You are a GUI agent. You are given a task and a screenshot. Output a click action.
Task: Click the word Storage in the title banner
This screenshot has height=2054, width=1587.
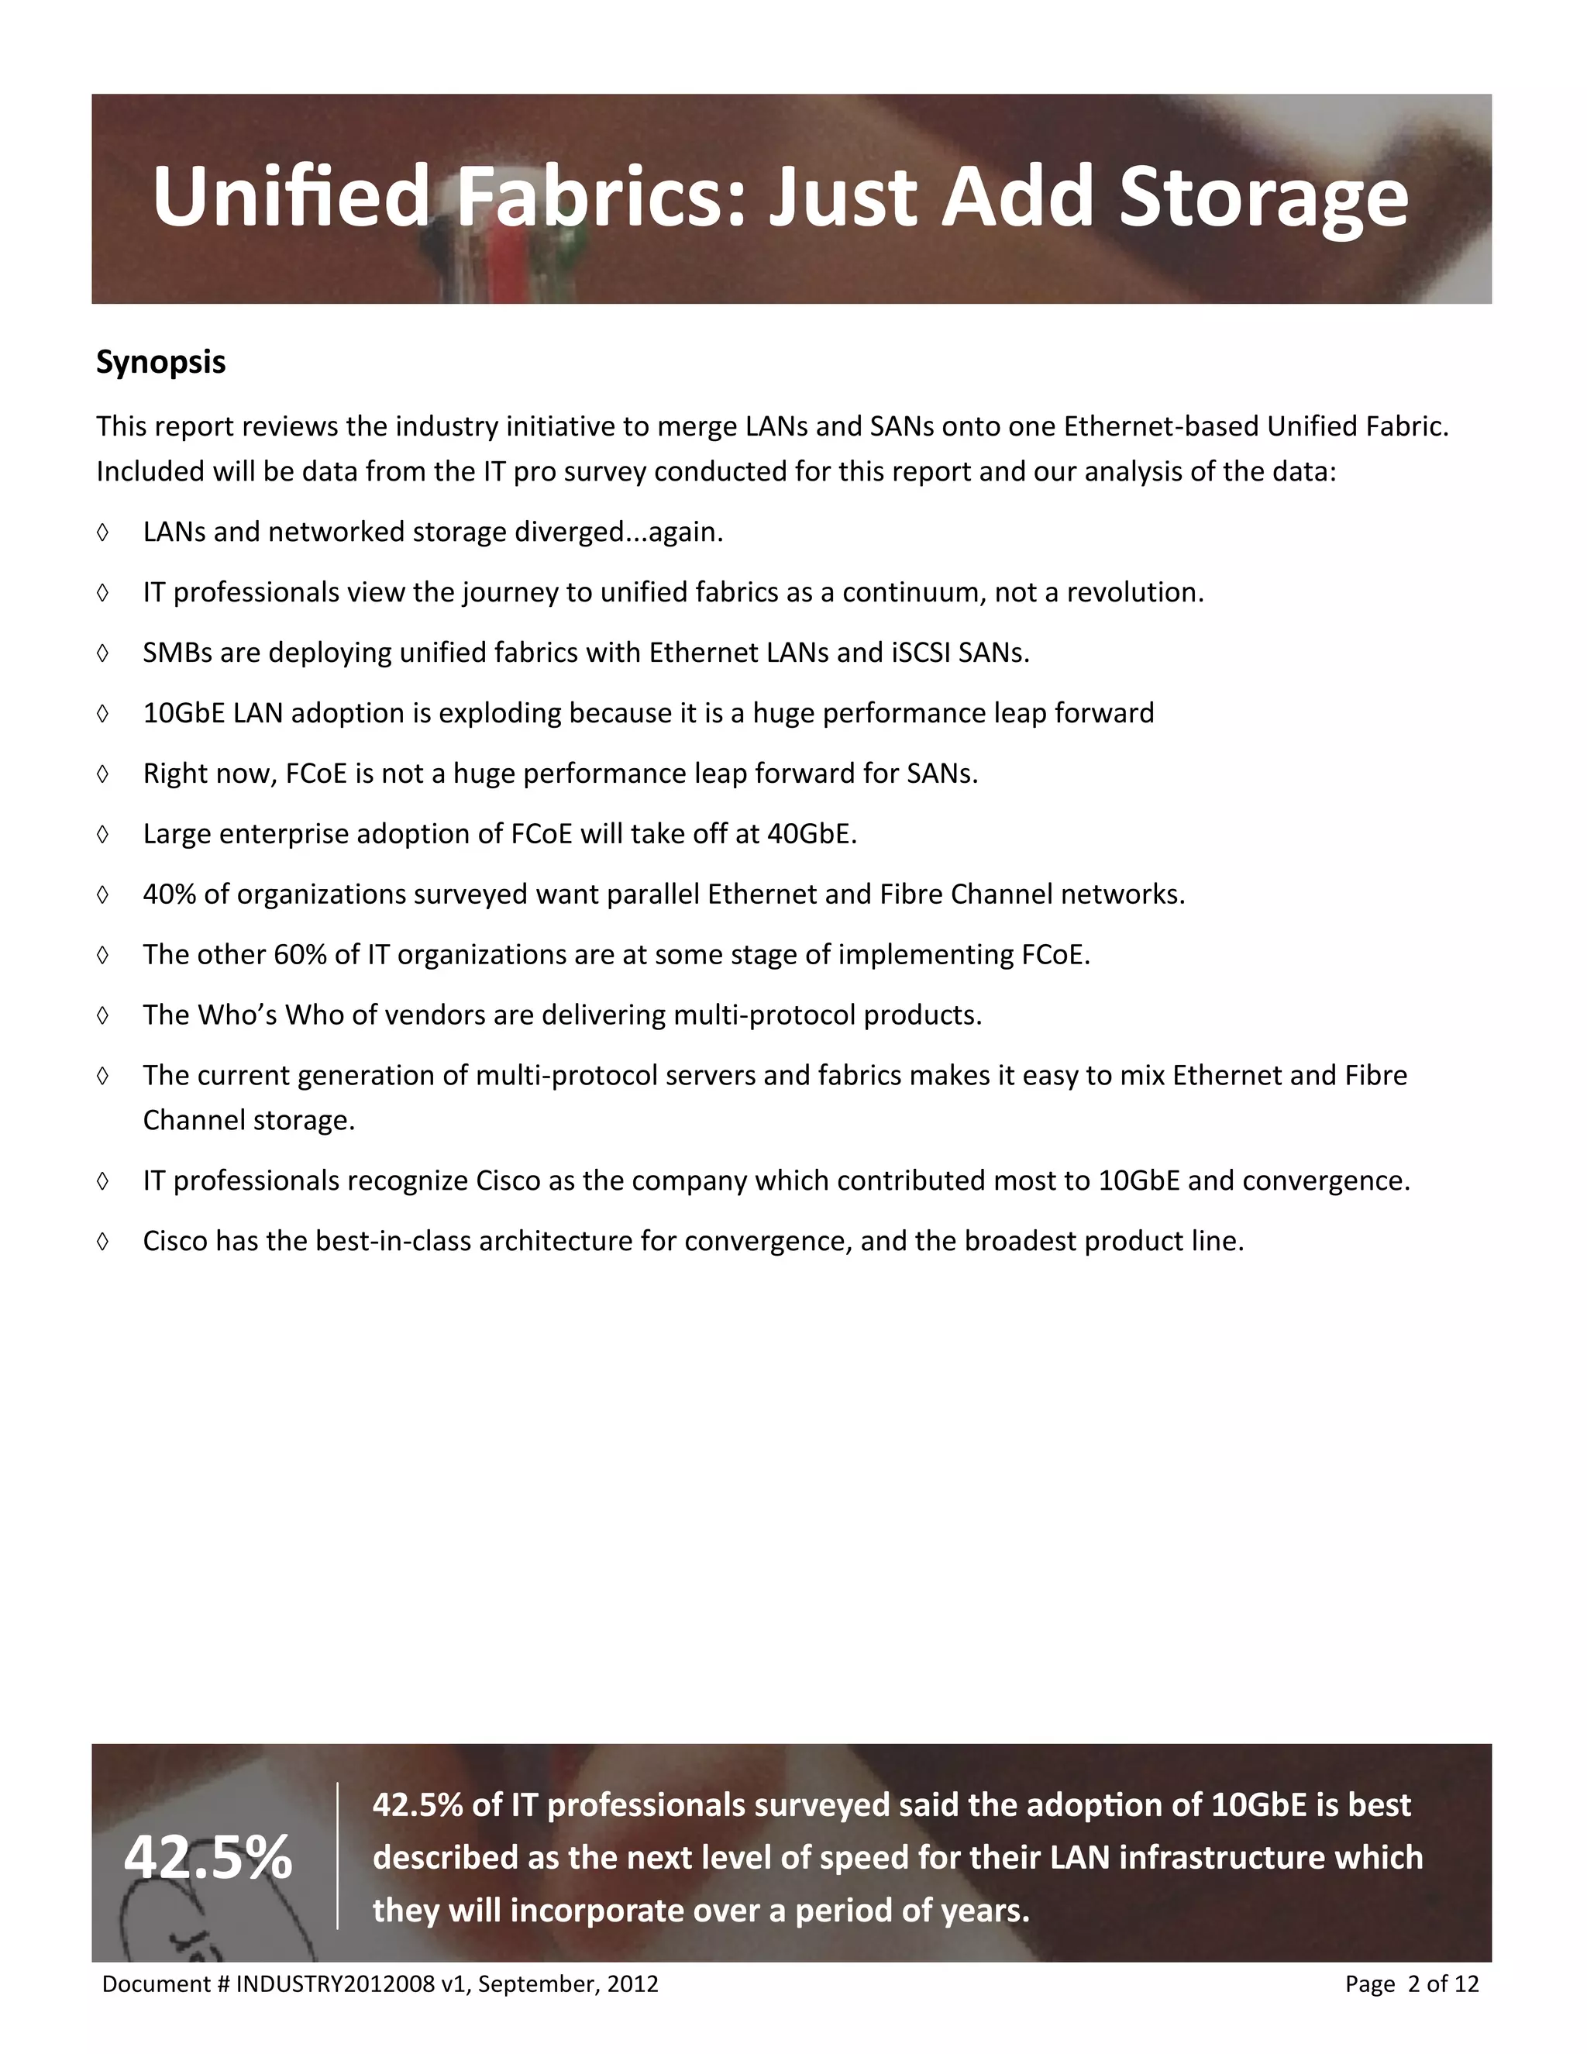pos(1264,198)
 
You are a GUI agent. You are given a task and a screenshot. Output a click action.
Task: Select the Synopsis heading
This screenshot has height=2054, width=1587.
pos(160,362)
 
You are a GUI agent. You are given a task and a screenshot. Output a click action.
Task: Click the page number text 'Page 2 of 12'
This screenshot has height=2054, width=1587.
pos(1411,1984)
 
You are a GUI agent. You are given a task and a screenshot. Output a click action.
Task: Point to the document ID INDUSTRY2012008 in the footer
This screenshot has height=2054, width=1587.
pos(335,1984)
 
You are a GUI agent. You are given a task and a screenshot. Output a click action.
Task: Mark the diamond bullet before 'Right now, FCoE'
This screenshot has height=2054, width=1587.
pos(102,774)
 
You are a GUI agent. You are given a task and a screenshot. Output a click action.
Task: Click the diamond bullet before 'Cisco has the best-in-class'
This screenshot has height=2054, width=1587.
pos(102,1242)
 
